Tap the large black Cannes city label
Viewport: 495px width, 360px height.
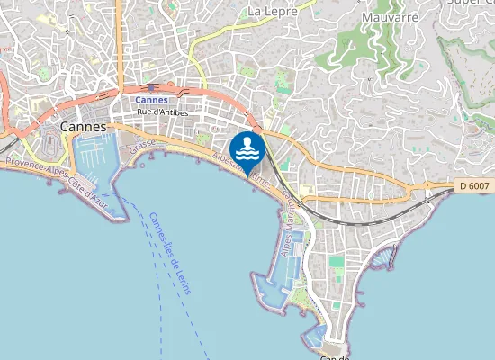point(84,128)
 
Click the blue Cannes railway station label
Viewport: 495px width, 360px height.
point(151,100)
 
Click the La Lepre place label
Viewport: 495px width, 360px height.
point(271,11)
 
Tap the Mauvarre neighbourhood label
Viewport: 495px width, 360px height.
point(391,16)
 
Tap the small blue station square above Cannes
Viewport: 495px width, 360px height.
point(139,89)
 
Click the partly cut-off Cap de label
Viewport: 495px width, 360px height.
point(334,356)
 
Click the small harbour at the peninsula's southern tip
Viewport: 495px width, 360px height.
point(319,336)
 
